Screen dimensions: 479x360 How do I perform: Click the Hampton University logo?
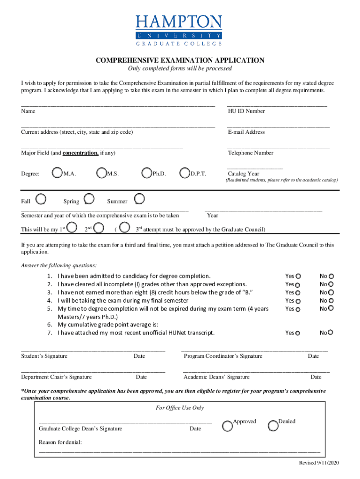pos(179,30)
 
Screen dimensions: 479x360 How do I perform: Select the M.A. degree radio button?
pos(57,173)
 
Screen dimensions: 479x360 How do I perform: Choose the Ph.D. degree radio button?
pos(147,173)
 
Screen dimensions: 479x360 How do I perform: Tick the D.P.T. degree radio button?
pos(185,173)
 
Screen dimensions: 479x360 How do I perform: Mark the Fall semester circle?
pos(41,200)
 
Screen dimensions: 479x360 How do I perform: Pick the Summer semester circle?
pos(139,200)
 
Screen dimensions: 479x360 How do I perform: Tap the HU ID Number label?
pos(246,111)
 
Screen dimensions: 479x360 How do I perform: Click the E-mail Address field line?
pos(278,127)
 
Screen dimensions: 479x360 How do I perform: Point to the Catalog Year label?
pos(244,174)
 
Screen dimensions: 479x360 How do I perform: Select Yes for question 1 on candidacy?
pos(298,276)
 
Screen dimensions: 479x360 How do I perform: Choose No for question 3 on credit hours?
pos(331,292)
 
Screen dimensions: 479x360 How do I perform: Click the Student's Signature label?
pos(44,356)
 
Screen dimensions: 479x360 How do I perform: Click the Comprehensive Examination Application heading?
pos(180,60)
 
